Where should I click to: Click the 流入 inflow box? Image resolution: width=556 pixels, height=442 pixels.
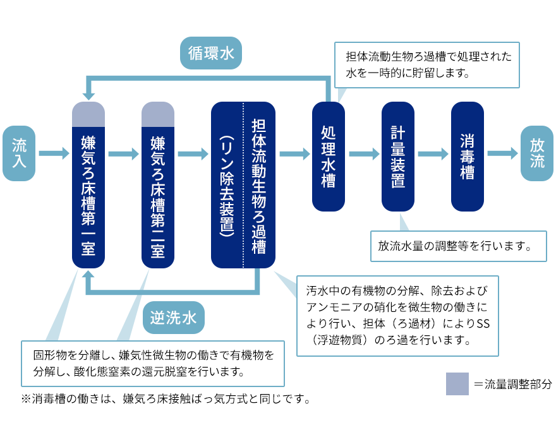click(x=19, y=153)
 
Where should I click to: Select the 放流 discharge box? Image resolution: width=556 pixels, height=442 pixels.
click(x=536, y=153)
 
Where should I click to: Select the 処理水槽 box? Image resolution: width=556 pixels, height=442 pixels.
click(x=329, y=156)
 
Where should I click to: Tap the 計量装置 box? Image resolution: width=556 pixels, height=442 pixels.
click(x=398, y=156)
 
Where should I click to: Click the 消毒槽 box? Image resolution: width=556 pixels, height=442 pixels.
click(x=468, y=156)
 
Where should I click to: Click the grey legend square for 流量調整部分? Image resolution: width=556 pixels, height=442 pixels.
click(x=457, y=384)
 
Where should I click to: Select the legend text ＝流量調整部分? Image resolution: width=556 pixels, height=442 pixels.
click(x=512, y=384)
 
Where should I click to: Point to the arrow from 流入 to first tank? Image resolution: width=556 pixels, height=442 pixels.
click(x=54, y=153)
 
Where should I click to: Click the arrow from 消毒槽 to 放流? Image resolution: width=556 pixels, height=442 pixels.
click(x=502, y=153)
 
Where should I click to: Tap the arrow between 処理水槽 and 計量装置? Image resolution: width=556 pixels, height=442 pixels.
click(x=363, y=153)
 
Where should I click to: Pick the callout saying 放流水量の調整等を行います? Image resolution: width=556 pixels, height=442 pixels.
click(x=459, y=245)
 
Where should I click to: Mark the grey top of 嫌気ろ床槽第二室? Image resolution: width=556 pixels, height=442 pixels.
click(x=158, y=114)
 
